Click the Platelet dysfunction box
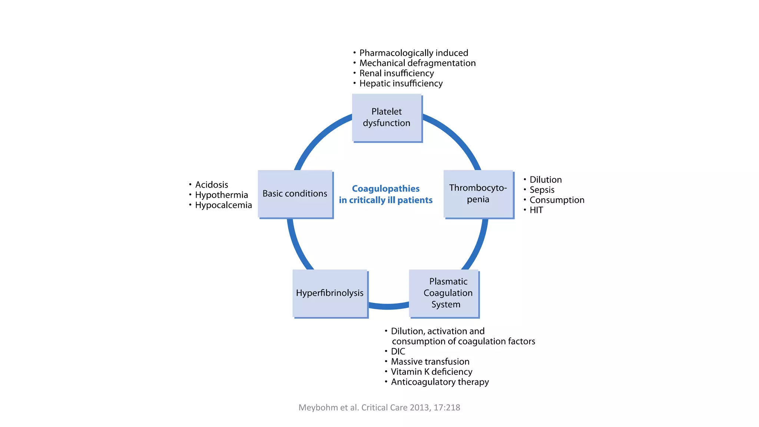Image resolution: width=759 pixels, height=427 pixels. (387, 117)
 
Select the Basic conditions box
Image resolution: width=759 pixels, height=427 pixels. (295, 194)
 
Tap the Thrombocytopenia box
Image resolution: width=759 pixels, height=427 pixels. (478, 194)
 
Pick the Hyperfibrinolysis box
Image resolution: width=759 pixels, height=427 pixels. (330, 293)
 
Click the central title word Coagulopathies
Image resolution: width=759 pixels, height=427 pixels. (385, 189)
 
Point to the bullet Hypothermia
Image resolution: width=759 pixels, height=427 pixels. (221, 195)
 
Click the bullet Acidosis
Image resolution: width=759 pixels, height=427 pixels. (211, 185)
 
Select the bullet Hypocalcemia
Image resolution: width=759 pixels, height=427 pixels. (223, 205)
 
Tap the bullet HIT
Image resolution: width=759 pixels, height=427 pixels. (536, 210)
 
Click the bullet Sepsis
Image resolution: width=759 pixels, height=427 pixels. (542, 190)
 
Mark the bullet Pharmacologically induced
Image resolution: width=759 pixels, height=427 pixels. (414, 53)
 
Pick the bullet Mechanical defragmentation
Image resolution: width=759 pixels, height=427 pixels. (417, 63)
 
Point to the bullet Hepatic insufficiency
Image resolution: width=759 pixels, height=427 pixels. (401, 83)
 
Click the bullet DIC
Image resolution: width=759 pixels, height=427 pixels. (398, 351)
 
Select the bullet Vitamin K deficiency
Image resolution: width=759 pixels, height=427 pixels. (431, 372)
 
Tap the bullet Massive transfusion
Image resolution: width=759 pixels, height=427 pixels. (430, 362)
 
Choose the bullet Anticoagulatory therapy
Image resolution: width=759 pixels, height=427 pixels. (440, 382)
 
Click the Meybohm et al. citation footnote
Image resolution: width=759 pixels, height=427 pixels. (379, 407)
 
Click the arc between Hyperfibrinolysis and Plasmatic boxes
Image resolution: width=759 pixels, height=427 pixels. (388, 306)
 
